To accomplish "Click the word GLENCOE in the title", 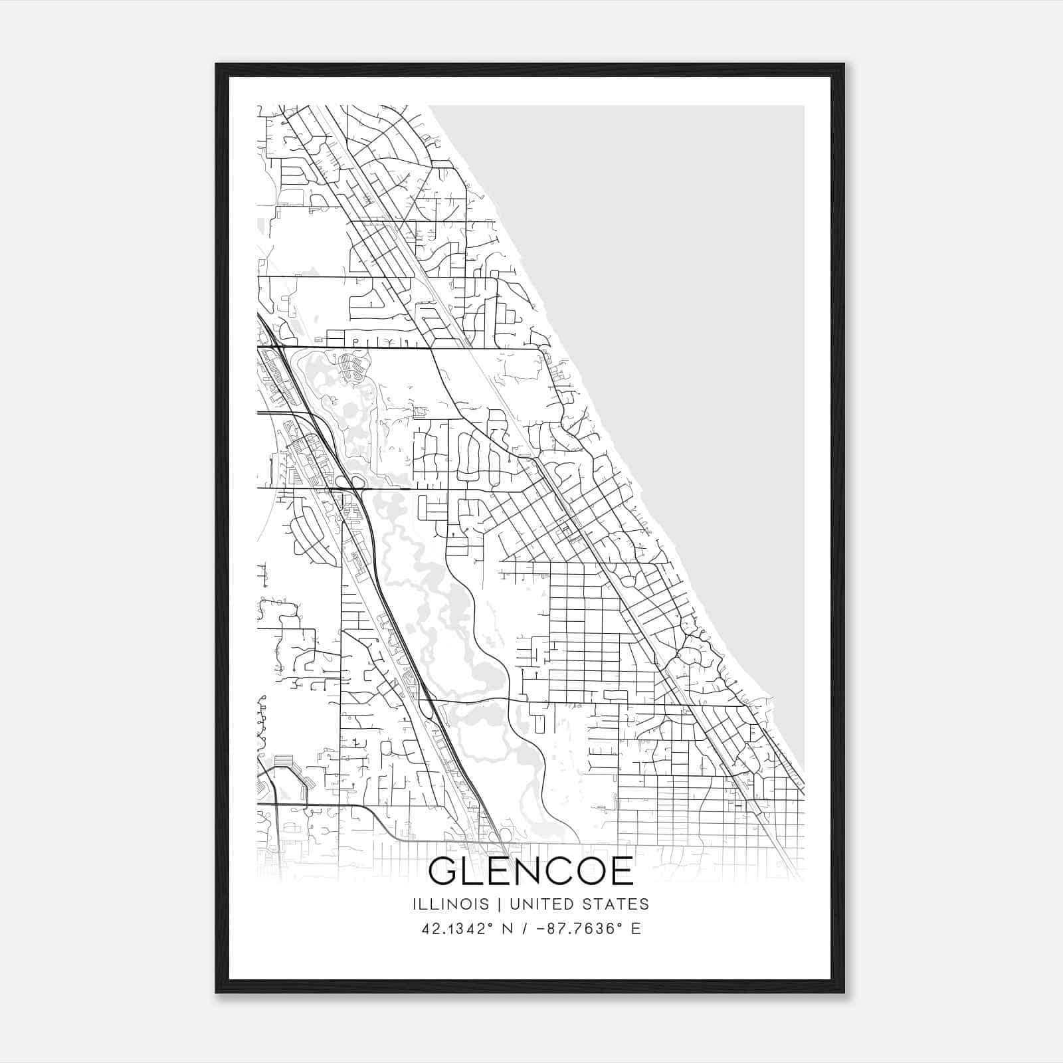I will point(531,872).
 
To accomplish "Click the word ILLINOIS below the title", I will point(450,904).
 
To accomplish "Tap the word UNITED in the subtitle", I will point(536,904).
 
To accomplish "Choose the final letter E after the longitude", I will point(636,929).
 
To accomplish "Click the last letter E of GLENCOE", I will point(621,872).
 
